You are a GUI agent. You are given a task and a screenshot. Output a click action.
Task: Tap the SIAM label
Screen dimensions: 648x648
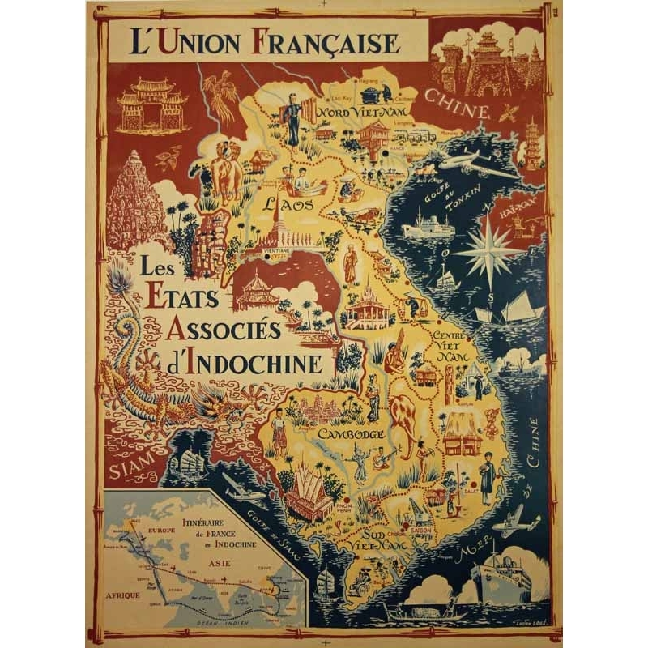pyautogui.click(x=130, y=469)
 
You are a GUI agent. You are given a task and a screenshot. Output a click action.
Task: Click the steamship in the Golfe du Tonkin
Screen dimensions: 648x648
pyautogui.click(x=428, y=227)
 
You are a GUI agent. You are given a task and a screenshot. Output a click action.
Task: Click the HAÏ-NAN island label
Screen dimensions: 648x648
pyautogui.click(x=529, y=209)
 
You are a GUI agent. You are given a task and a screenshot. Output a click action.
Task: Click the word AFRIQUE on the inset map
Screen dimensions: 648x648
pyautogui.click(x=123, y=595)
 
